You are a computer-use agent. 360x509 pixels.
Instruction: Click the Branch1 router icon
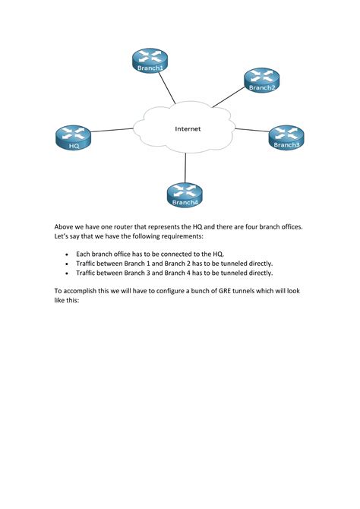[x=149, y=59]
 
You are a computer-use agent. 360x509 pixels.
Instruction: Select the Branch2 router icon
[x=261, y=79]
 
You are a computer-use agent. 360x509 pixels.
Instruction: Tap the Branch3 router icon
[x=286, y=136]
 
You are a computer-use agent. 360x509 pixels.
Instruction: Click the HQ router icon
[x=74, y=137]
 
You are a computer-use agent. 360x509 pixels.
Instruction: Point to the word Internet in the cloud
[x=188, y=129]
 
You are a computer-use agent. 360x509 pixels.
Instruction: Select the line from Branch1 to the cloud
[x=166, y=87]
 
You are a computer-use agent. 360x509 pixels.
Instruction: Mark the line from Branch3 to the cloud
[x=251, y=131]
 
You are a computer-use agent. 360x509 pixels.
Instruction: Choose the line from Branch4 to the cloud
[x=185, y=167]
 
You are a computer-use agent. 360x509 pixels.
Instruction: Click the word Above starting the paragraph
[x=65, y=226]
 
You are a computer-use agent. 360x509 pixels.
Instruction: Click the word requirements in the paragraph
[x=201, y=237]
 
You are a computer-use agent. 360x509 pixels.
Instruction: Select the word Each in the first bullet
[x=84, y=253]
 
